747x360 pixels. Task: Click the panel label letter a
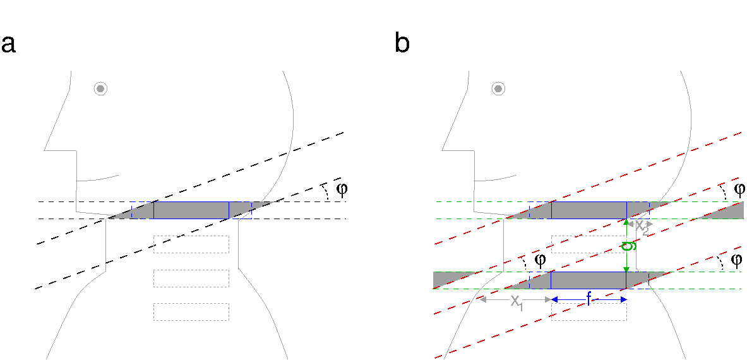[x=8, y=45]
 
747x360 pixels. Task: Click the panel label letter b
[x=402, y=44]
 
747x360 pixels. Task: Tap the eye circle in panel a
[x=100, y=88]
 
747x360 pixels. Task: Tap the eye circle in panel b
[x=498, y=88]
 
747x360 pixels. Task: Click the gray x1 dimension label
[x=517, y=302]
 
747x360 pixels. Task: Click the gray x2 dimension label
[x=641, y=227]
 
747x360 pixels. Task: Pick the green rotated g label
[x=628, y=246]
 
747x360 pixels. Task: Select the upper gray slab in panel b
[x=589, y=210]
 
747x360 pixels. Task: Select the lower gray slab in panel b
[x=589, y=280]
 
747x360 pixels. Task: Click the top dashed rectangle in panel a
[x=191, y=244]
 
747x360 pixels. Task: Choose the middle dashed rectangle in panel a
[x=191, y=279]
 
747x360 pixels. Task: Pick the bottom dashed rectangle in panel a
[x=191, y=312]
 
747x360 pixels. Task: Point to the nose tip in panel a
[x=45, y=150]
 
